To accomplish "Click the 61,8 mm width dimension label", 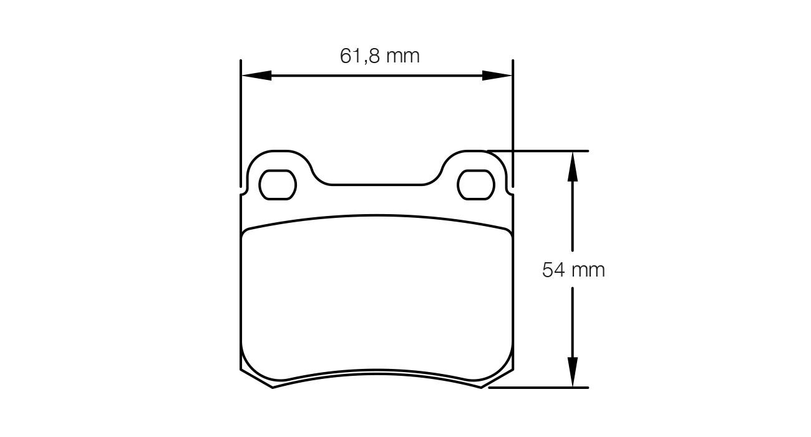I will click(x=379, y=56).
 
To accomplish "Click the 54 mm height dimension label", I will click(x=573, y=270).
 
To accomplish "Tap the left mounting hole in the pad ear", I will click(x=277, y=185).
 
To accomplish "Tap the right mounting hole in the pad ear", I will click(x=476, y=185).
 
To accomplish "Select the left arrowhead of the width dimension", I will click(x=256, y=76).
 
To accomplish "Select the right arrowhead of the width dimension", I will click(x=497, y=76).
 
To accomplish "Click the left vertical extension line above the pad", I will click(x=241, y=125).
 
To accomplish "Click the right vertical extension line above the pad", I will click(x=513, y=125).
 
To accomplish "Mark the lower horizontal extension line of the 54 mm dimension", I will click(x=543, y=388).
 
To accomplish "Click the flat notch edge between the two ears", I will click(x=377, y=185).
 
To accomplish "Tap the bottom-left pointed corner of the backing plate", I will click(x=273, y=387).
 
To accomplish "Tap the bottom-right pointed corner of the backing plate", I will click(x=480, y=387).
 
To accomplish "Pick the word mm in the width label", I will click(x=402, y=56).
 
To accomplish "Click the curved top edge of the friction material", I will click(x=377, y=216).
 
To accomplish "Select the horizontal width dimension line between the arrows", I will click(x=377, y=76).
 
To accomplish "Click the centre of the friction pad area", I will click(x=377, y=297).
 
